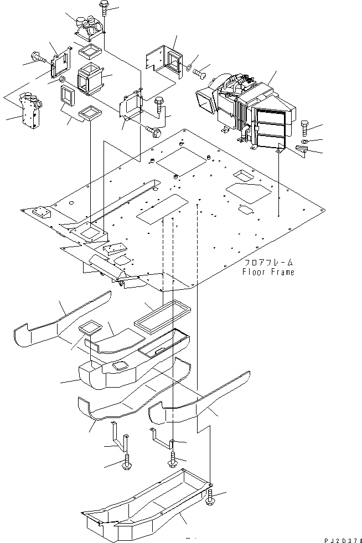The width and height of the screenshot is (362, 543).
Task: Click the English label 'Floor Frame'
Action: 268,272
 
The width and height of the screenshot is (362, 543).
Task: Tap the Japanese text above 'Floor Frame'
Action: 268,263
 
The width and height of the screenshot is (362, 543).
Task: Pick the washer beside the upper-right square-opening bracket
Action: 190,68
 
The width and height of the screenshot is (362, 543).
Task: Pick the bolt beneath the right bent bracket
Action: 173,458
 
